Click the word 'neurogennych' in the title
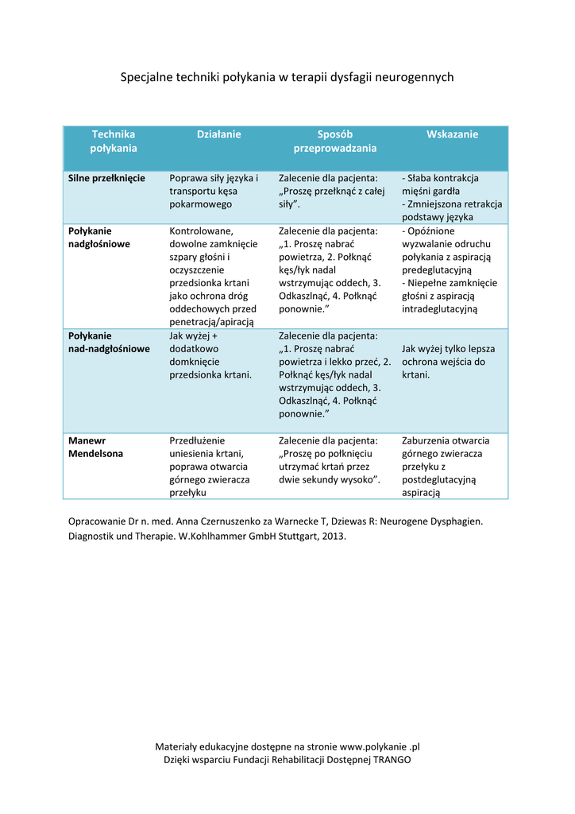point(414,77)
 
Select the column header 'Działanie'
point(218,134)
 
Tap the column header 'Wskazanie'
point(452,134)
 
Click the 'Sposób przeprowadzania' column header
point(335,141)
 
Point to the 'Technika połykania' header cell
point(114,141)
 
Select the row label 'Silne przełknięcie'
point(106,178)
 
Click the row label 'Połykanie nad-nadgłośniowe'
point(109,342)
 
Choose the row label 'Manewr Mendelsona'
point(95,447)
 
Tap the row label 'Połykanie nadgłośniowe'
point(98,237)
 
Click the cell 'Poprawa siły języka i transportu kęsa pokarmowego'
point(214,191)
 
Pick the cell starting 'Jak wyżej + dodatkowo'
point(210,355)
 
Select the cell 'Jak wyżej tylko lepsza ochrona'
point(449,361)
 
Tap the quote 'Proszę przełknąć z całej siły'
point(331,197)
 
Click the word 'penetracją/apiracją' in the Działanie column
point(212,322)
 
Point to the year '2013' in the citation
point(332,536)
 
